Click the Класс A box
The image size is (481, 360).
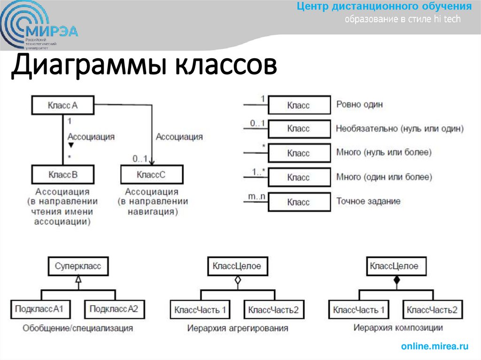62,106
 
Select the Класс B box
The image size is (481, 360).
62,175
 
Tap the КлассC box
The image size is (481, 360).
151,175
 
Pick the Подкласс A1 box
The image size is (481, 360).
42,309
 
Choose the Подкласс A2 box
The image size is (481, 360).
114,309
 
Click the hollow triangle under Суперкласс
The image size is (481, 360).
78,279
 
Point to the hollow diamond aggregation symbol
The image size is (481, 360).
238,281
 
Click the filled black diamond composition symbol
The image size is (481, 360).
396,280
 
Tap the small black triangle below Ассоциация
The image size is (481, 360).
71,146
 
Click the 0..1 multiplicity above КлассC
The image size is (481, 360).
140,158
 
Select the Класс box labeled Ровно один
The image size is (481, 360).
299,106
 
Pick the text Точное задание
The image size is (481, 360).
368,201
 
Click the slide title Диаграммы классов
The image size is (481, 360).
144,66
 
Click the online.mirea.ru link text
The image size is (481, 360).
434,346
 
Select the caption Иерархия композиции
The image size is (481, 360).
397,327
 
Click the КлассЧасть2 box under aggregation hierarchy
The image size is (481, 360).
273,310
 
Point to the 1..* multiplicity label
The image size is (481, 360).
258,171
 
